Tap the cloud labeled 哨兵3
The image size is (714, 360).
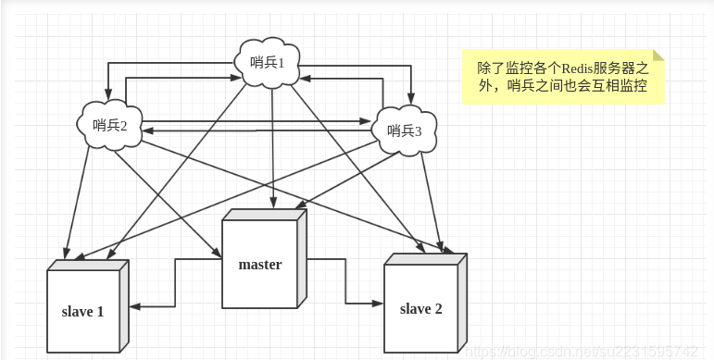[406, 130]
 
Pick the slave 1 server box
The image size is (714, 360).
[83, 311]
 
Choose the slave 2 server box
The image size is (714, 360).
[420, 308]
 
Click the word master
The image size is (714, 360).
[259, 265]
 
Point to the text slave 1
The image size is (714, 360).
[82, 312]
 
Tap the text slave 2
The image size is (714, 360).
[420, 308]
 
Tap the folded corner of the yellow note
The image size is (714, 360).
[658, 55]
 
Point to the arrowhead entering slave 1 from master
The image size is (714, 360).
[134, 305]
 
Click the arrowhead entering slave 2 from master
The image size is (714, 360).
[379, 303]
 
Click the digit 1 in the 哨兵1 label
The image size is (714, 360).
[282, 63]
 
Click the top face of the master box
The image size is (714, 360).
[264, 215]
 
